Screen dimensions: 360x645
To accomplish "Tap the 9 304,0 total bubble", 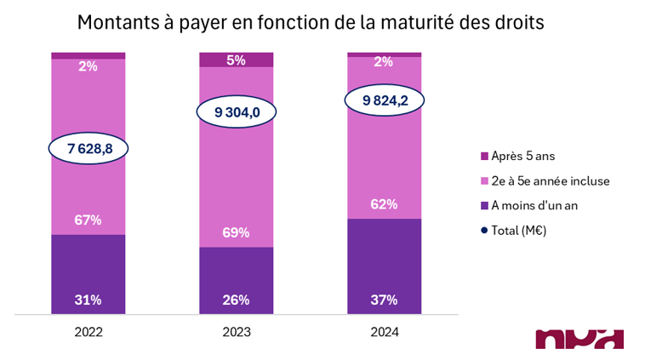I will point(236,112).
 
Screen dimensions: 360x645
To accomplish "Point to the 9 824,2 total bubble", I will point(385,100).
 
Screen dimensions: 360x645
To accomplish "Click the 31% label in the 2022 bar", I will point(88,300).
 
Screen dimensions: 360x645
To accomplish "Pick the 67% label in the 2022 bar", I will point(88,220).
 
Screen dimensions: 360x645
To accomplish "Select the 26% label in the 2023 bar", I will point(236,300).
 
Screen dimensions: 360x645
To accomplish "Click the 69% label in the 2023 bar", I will point(236,232).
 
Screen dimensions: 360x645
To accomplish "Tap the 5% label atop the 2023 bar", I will point(236,60).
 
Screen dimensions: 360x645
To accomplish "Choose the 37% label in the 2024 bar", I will point(385,300).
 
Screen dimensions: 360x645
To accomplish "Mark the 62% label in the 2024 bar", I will point(385,204).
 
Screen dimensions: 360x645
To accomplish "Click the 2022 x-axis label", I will point(88,333).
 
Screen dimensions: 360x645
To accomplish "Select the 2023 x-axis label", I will point(236,333).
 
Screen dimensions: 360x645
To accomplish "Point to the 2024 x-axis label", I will point(385,333).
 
